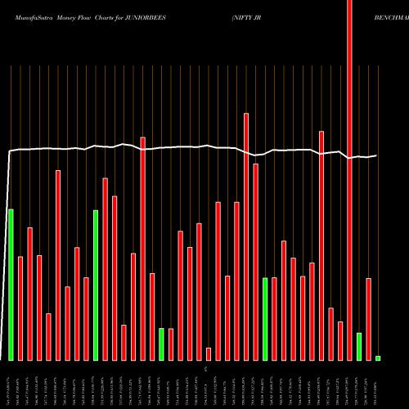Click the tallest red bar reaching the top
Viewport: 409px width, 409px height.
(x=350, y=180)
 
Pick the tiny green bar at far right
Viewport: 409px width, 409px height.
(x=378, y=358)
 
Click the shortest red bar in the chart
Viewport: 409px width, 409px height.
(x=209, y=353)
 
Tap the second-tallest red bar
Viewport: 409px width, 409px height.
(x=246, y=236)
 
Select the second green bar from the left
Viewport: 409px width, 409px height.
(x=96, y=285)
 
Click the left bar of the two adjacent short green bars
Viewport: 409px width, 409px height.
(x=162, y=344)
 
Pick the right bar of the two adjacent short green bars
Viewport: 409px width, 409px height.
(x=171, y=344)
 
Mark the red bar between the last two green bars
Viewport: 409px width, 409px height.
(x=369, y=319)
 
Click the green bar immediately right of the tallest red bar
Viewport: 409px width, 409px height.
(x=359, y=347)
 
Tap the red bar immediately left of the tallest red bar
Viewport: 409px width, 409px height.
(x=340, y=341)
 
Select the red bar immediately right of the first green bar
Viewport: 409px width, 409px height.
(x=20, y=308)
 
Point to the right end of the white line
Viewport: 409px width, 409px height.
(x=376, y=155)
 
